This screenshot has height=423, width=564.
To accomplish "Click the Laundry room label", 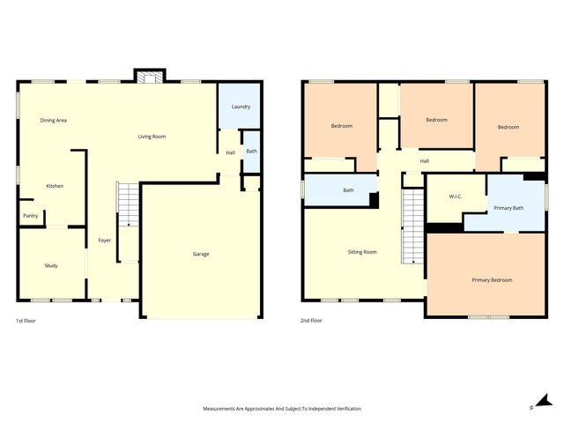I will (x=241, y=107).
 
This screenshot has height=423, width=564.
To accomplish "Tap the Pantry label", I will (x=30, y=215).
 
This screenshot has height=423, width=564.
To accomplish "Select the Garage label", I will (x=201, y=254).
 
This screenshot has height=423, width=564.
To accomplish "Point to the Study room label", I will (x=51, y=265).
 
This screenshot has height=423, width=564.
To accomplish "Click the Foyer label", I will (x=104, y=240).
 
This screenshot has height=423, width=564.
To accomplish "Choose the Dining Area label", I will (x=54, y=120).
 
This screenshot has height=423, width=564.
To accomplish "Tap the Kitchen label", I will (x=55, y=186).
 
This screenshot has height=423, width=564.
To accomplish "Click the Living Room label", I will (x=152, y=137).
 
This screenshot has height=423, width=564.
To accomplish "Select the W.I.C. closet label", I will (x=455, y=196).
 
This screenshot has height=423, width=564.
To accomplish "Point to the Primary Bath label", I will (x=508, y=208).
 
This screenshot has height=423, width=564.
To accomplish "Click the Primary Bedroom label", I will (x=492, y=280).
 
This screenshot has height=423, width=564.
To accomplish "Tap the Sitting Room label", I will (x=362, y=252).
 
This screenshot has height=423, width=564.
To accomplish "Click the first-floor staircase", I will (x=128, y=204).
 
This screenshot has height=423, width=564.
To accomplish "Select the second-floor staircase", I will (x=413, y=227).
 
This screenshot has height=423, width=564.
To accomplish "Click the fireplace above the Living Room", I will (x=149, y=78).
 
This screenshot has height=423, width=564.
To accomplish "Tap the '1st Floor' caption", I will (x=26, y=321).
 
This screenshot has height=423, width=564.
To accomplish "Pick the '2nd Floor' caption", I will (x=311, y=321).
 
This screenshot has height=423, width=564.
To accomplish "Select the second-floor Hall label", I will (x=424, y=161).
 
